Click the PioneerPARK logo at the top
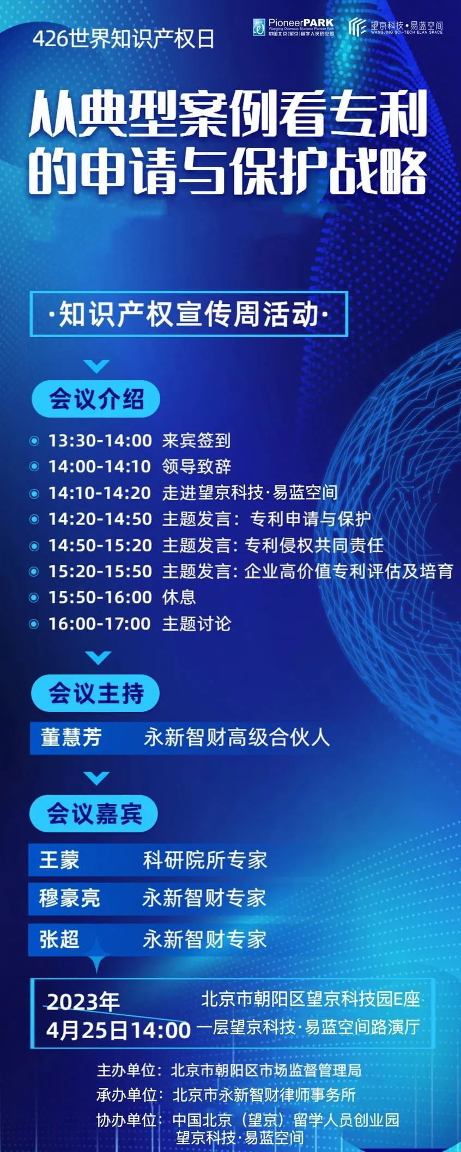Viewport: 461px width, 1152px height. coord(293,27)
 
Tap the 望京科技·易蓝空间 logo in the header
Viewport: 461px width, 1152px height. coord(396,27)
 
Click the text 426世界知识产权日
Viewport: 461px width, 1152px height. coord(124,39)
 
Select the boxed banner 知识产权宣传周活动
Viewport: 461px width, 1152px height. coord(189,314)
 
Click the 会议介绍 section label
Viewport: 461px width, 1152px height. coord(96,399)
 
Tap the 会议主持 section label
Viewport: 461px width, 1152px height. coord(96,693)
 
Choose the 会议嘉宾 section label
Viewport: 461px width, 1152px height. coord(94,813)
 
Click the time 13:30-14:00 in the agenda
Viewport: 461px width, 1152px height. coord(100,440)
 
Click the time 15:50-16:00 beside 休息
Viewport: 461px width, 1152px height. coord(100,597)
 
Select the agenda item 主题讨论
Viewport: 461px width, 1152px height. coord(197,623)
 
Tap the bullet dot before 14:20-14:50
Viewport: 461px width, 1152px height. coord(34,519)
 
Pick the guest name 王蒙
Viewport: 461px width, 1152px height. coord(59,860)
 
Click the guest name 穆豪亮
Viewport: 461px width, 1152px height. coord(70,898)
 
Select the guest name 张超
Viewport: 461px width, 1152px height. coord(59,939)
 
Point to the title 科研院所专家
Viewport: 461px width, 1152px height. coord(205,860)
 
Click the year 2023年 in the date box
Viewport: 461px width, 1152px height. coord(83,1001)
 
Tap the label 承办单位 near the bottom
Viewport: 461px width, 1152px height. coord(126,1094)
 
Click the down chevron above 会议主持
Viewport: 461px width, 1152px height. coord(98,658)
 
